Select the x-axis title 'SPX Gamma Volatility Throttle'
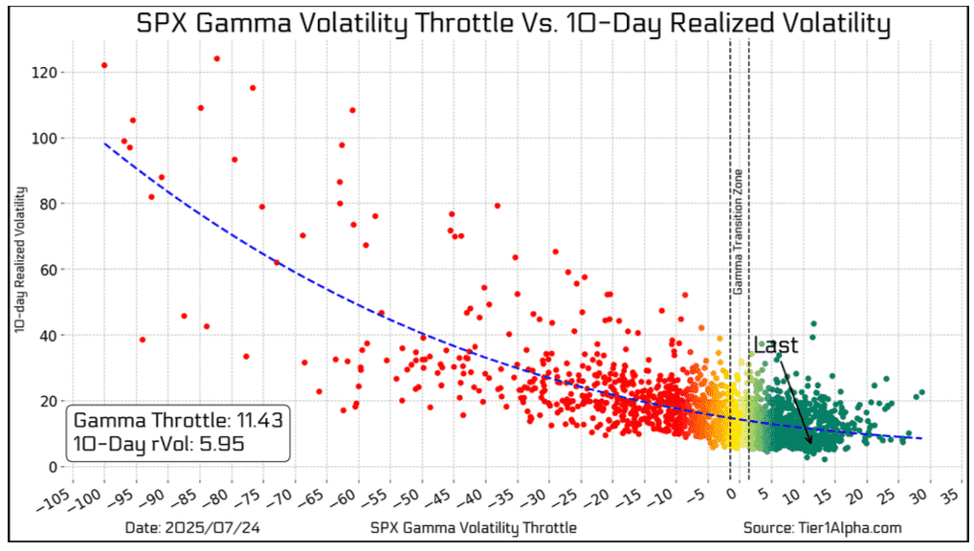tap(473, 527)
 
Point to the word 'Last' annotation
tap(775, 346)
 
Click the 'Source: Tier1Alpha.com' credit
tap(822, 527)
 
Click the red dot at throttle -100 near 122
tap(104, 65)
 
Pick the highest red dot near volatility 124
tap(216, 58)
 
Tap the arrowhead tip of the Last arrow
tap(810, 444)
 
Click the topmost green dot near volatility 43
tap(813, 324)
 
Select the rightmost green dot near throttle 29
tap(921, 392)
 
